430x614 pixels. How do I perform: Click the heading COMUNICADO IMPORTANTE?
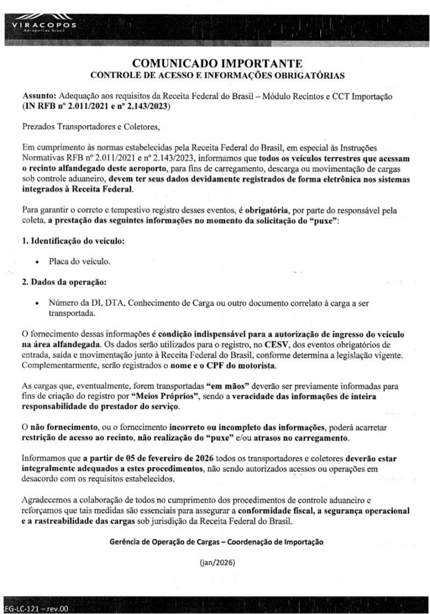(x=215, y=63)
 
